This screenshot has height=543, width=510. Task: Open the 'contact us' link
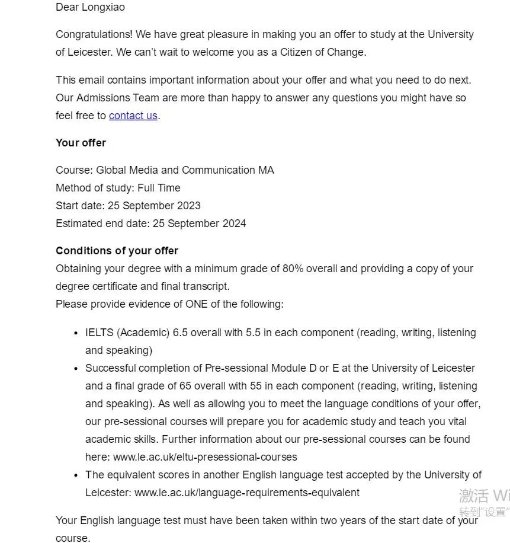pyautogui.click(x=133, y=116)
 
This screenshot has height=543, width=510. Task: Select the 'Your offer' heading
pyautogui.click(x=81, y=143)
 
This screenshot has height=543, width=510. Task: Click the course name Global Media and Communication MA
pyautogui.click(x=185, y=170)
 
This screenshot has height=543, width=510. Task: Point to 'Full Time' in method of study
pyautogui.click(x=159, y=188)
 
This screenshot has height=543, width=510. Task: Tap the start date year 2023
pyautogui.click(x=188, y=206)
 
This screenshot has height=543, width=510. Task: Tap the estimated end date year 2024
pyautogui.click(x=233, y=223)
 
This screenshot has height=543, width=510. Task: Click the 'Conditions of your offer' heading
pyautogui.click(x=117, y=251)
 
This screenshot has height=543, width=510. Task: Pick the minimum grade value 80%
pyautogui.click(x=293, y=269)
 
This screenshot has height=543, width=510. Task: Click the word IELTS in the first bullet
pyautogui.click(x=100, y=333)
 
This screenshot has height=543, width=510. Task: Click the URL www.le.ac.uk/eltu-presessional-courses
pyautogui.click(x=205, y=457)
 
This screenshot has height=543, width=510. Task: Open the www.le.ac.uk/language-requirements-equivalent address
pyautogui.click(x=246, y=493)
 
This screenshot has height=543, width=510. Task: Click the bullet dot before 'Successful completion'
pyautogui.click(x=76, y=369)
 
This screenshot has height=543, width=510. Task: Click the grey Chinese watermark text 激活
pyautogui.click(x=473, y=496)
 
